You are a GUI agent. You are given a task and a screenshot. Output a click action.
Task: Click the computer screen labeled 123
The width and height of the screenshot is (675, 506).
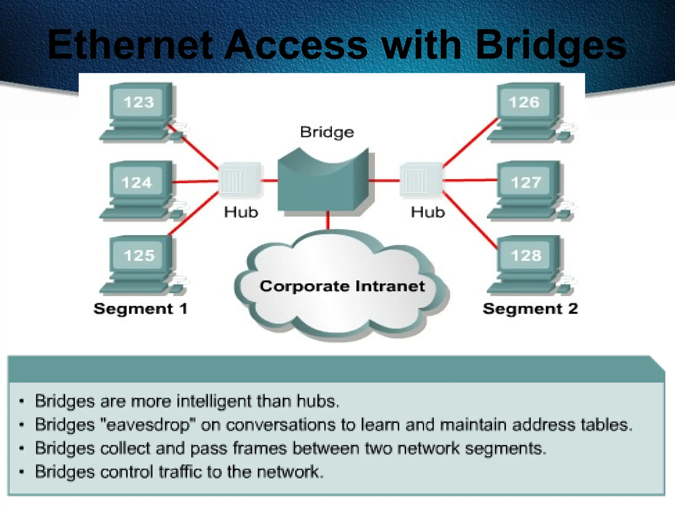point(139,102)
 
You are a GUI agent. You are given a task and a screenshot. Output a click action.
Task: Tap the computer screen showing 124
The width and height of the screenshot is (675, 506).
point(137,182)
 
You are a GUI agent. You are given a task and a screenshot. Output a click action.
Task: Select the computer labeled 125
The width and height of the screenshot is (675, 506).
point(139,255)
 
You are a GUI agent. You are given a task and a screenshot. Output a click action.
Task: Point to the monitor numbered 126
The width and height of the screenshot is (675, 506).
point(524,102)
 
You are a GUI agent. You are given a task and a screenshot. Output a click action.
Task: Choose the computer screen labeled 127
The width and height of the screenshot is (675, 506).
point(526,182)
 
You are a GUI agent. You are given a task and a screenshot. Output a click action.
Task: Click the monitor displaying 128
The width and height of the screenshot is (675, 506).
point(526,255)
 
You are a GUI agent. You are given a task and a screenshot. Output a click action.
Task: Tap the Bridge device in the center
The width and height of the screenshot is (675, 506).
point(323,184)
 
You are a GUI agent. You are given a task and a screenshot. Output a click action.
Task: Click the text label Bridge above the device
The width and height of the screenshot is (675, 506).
point(327,132)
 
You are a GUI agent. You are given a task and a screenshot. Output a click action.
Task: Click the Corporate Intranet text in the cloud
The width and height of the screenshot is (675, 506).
point(342,286)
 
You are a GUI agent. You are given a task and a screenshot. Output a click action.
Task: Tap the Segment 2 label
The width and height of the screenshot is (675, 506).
point(530,309)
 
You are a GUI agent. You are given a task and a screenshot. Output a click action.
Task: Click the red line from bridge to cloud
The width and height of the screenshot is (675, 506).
point(328,220)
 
